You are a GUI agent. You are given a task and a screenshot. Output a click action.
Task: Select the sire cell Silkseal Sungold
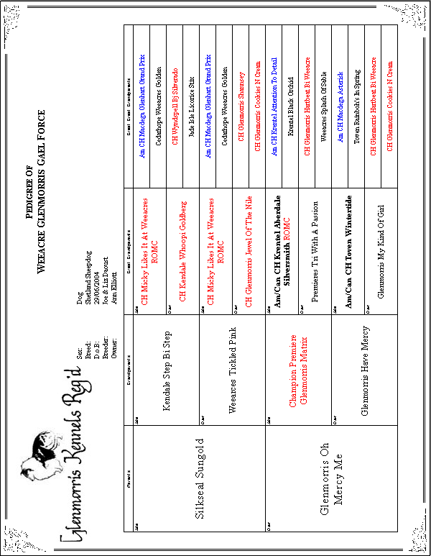click(x=200, y=479)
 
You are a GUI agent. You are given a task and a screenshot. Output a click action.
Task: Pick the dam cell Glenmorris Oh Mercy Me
click(x=330, y=479)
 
